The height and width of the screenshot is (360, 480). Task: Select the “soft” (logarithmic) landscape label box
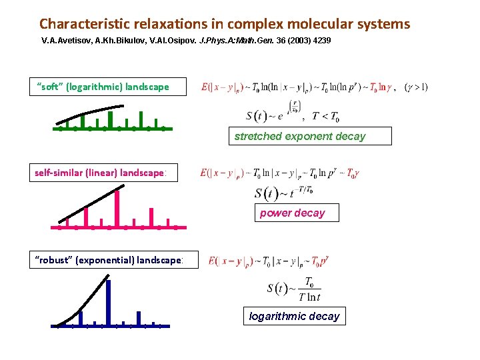tap(108, 87)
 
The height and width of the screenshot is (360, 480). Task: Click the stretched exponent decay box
tap(309, 136)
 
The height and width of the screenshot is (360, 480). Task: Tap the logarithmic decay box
tap(294, 316)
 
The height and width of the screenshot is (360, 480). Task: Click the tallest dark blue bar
tap(109, 303)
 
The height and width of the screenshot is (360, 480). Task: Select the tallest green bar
tap(110, 118)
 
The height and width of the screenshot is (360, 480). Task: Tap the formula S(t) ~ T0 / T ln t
tap(294, 289)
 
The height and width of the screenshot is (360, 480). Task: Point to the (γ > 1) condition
tap(417, 87)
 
